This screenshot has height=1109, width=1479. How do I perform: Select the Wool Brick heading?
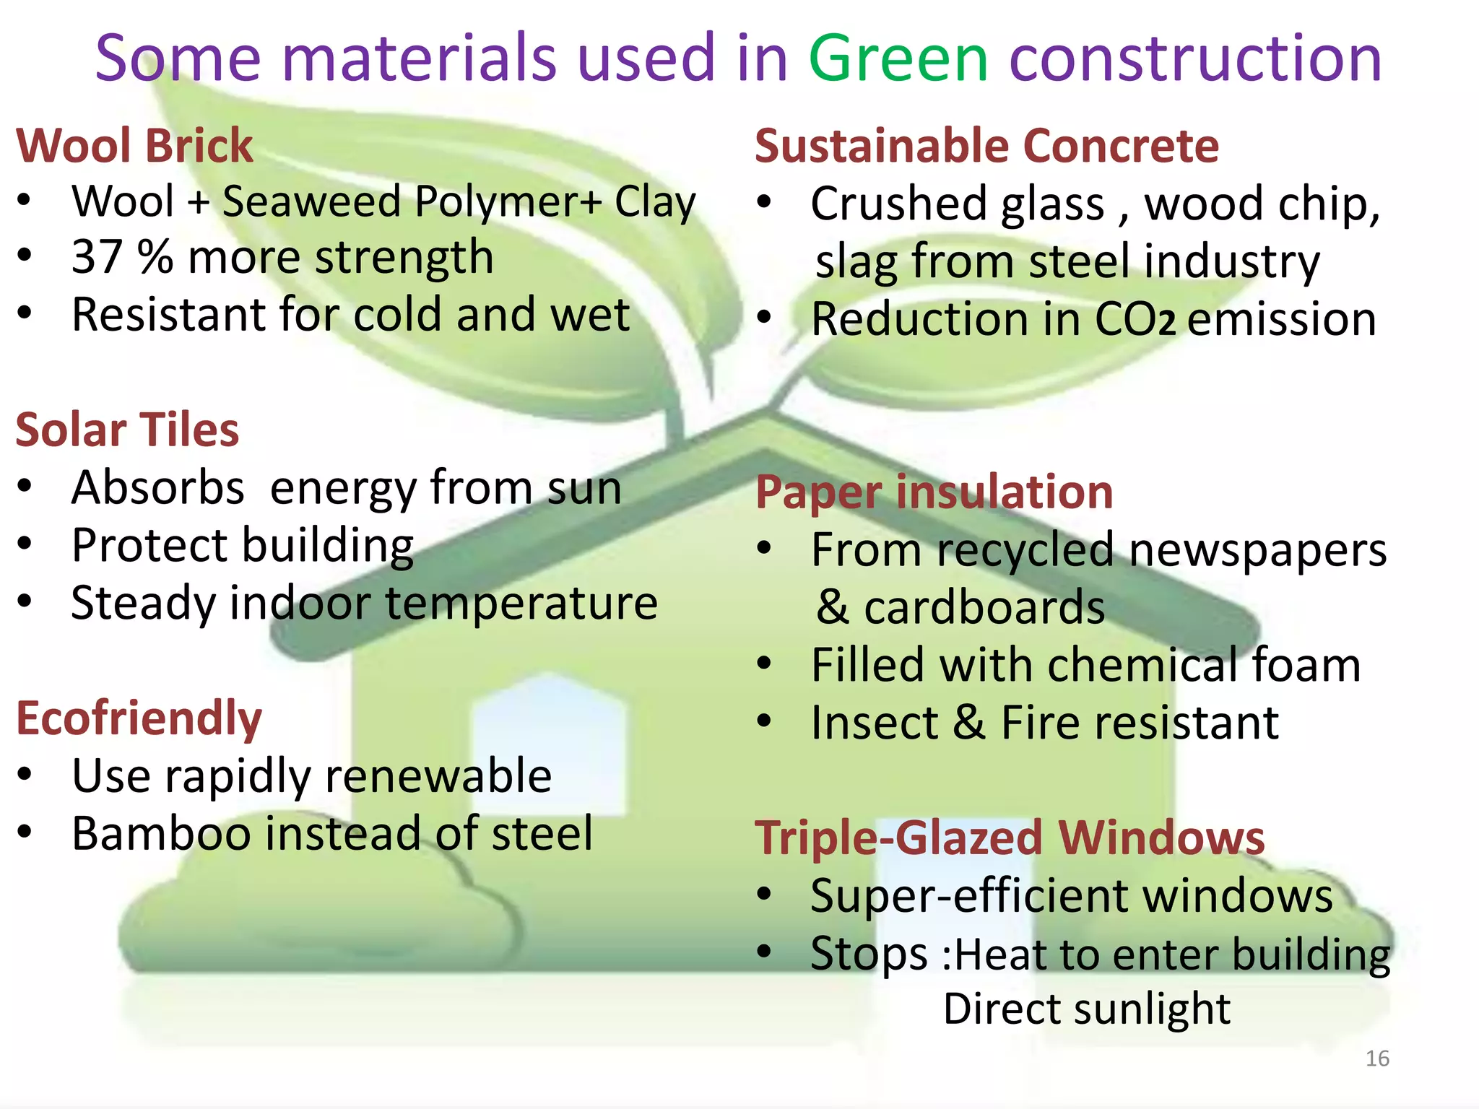point(134,146)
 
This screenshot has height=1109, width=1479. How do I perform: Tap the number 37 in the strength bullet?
point(97,257)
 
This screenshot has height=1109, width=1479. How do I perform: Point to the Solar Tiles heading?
point(127,430)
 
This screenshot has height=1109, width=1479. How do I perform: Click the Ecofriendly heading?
point(139,719)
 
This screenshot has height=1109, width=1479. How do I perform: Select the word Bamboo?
point(161,834)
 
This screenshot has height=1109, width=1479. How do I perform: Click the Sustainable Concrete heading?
point(986,146)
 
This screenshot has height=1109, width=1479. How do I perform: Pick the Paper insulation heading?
point(934,492)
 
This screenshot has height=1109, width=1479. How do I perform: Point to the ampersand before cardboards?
point(833,608)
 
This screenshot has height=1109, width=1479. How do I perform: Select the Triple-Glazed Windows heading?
point(1010,838)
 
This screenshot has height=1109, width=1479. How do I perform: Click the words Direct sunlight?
point(1086,1009)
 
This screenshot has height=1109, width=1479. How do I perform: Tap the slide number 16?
point(1377,1058)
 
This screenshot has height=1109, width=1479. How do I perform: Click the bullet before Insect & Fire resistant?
point(765,721)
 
